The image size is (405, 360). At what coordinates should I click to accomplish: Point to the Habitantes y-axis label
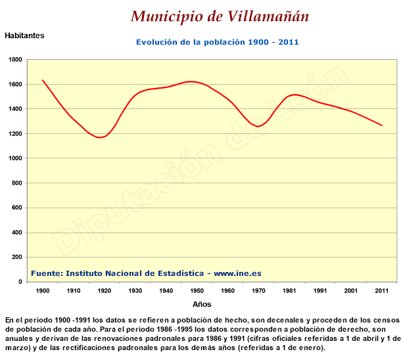[x=24, y=35]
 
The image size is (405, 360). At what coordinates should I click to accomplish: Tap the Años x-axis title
[x=202, y=304]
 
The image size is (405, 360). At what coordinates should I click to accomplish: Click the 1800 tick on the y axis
[x=15, y=60]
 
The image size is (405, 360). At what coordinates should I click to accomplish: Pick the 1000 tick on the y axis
[x=15, y=158]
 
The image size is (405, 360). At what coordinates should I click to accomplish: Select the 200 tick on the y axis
[x=17, y=257]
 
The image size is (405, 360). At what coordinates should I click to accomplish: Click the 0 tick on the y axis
[x=20, y=282]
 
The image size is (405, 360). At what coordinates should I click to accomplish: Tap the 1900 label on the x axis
[x=43, y=290]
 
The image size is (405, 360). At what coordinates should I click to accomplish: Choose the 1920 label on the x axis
[x=105, y=290]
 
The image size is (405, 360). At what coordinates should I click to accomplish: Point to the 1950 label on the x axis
[x=197, y=290]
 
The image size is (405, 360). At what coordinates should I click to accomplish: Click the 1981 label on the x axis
[x=289, y=290]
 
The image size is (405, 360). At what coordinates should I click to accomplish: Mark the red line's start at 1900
[x=43, y=80]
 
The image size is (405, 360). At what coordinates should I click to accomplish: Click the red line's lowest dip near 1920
[x=100, y=137]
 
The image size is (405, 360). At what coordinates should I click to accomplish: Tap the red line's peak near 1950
[x=191, y=81]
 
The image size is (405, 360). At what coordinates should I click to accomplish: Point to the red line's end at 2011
[x=382, y=125]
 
